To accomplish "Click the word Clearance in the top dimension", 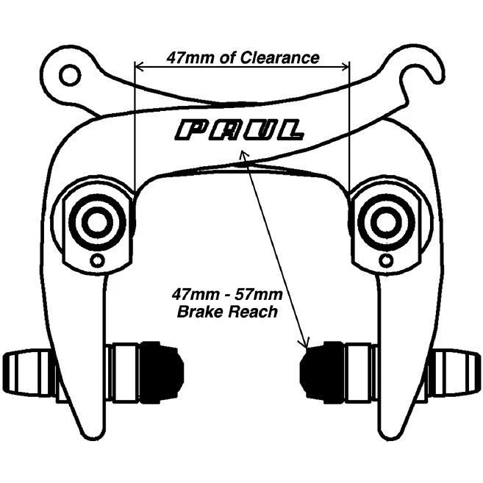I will tap(282, 57).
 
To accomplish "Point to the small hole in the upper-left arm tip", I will tap(69, 74).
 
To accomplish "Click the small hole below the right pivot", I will tap(384, 260).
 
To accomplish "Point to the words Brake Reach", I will tap(227, 312).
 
